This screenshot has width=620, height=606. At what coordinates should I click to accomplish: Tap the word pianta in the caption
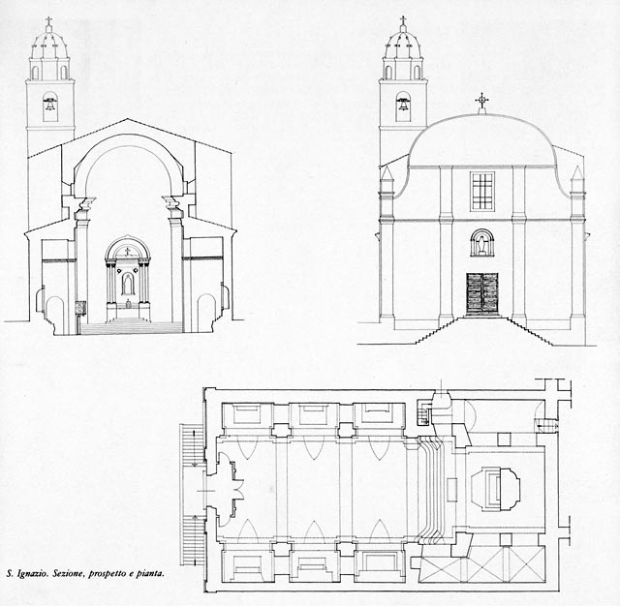point(150,574)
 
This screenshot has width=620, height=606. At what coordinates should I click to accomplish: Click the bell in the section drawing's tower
point(50,105)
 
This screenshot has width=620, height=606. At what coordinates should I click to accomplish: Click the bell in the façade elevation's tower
point(403,105)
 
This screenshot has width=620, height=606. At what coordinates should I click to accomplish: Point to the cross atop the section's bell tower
point(49,21)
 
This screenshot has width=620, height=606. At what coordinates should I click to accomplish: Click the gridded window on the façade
point(482,192)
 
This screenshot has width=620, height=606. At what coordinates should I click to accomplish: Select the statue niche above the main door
point(482,242)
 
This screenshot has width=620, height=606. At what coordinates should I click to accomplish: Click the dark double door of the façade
point(482,294)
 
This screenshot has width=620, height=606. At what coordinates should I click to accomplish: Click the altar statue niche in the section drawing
point(127,284)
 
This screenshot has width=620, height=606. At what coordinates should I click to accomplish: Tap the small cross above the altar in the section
point(127,252)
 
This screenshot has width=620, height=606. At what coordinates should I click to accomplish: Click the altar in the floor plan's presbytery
point(495,486)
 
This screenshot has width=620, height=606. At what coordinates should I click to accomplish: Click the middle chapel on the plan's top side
point(314,414)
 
